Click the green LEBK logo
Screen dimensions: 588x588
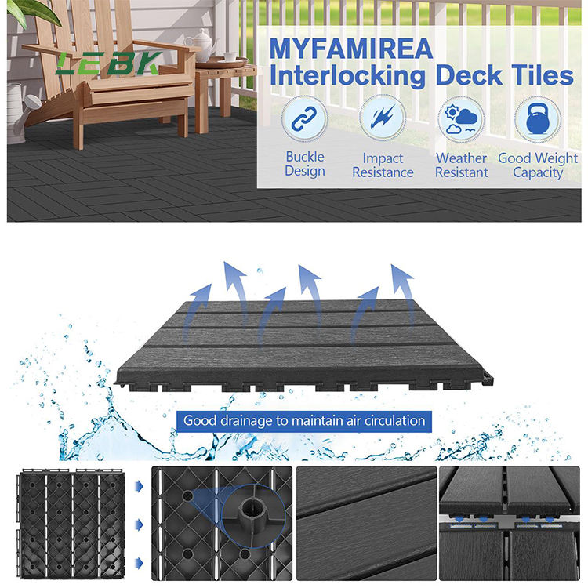[x=109, y=63]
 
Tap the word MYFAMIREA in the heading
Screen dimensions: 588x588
[x=351, y=49]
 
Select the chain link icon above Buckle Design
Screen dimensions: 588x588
[x=304, y=118]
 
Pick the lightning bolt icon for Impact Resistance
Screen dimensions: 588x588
[x=383, y=118]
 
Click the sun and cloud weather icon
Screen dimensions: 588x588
[x=461, y=119]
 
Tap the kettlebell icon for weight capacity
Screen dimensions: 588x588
[x=537, y=119]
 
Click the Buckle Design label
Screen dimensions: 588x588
[x=305, y=164]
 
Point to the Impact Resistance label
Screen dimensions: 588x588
[x=383, y=165]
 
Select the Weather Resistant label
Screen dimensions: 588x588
[x=461, y=165]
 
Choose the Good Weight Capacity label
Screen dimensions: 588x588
[x=538, y=165]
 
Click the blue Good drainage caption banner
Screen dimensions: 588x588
[x=304, y=421]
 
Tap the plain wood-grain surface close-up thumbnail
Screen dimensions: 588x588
[x=366, y=523]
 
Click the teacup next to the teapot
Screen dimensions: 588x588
[x=230, y=56]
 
